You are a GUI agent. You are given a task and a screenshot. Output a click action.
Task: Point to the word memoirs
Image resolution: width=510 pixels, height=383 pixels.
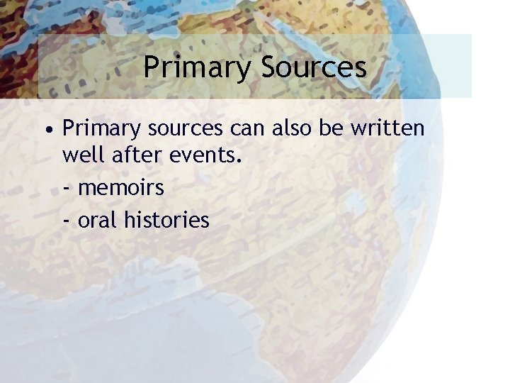[x=120, y=189]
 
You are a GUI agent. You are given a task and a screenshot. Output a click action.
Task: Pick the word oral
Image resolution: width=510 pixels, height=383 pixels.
[x=98, y=219]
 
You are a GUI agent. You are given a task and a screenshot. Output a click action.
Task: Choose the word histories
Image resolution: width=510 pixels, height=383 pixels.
[x=166, y=219]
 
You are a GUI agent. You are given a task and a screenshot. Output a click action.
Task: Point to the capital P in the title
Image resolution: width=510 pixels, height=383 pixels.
[x=150, y=67]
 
